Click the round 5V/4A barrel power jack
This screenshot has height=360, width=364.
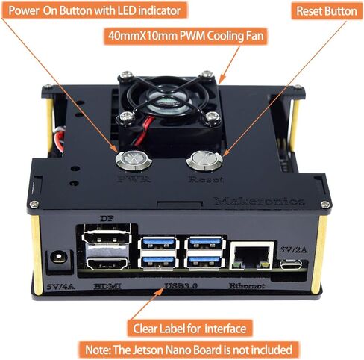coord(54,261)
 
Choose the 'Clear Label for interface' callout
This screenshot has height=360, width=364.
coord(189,328)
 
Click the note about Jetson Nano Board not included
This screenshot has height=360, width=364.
coord(189,349)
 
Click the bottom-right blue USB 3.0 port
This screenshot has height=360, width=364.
coord(204,261)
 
